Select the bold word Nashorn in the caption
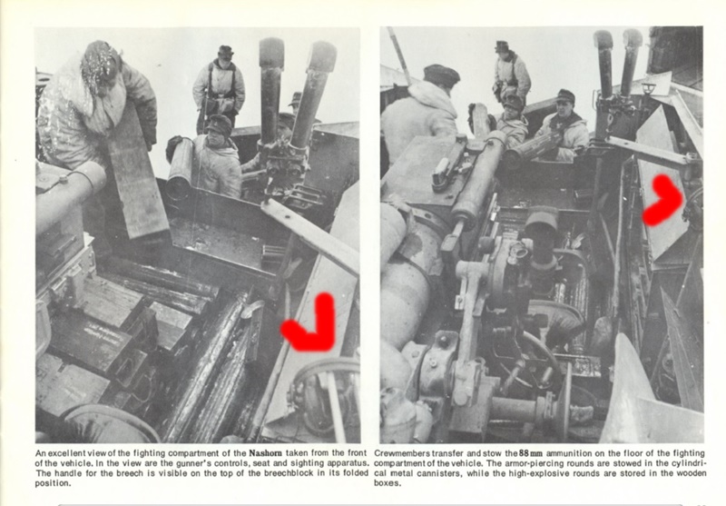point(266,453)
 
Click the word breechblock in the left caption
point(288,473)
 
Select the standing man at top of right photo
point(511,72)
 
